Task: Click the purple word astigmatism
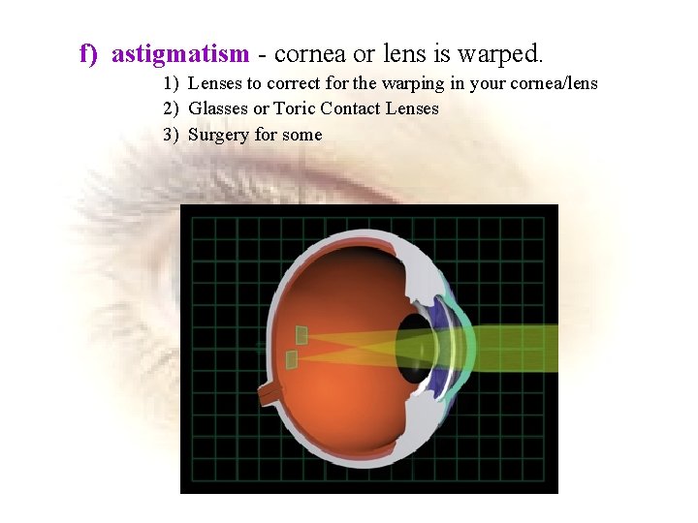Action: [180, 53]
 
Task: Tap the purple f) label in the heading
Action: [89, 53]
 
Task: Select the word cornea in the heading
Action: [308, 53]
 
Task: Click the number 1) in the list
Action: [172, 83]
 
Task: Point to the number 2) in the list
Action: [172, 108]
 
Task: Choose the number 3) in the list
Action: [172, 135]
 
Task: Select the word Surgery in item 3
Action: [219, 135]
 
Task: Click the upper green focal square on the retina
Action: [301, 335]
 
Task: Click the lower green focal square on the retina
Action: [291, 360]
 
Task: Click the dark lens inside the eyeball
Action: [417, 347]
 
